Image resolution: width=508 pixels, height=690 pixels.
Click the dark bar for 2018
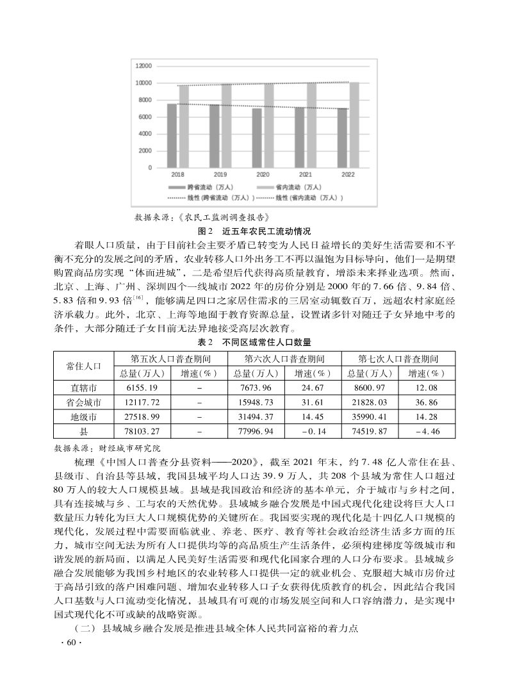pyautogui.click(x=172, y=135)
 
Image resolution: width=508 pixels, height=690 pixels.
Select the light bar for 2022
pyautogui.click(x=354, y=125)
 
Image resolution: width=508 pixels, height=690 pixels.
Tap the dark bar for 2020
pyautogui.click(x=257, y=138)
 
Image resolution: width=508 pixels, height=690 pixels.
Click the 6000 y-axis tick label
pyautogui.click(x=145, y=117)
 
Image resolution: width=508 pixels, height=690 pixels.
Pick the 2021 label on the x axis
pyautogui.click(x=306, y=174)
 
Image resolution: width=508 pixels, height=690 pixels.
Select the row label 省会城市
pyautogui.click(x=84, y=402)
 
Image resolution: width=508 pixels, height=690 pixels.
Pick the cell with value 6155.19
pyautogui.click(x=142, y=388)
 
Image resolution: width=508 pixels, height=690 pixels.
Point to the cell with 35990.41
pyautogui.click(x=368, y=417)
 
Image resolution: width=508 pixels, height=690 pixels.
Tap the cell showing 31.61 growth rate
pyautogui.click(x=312, y=402)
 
